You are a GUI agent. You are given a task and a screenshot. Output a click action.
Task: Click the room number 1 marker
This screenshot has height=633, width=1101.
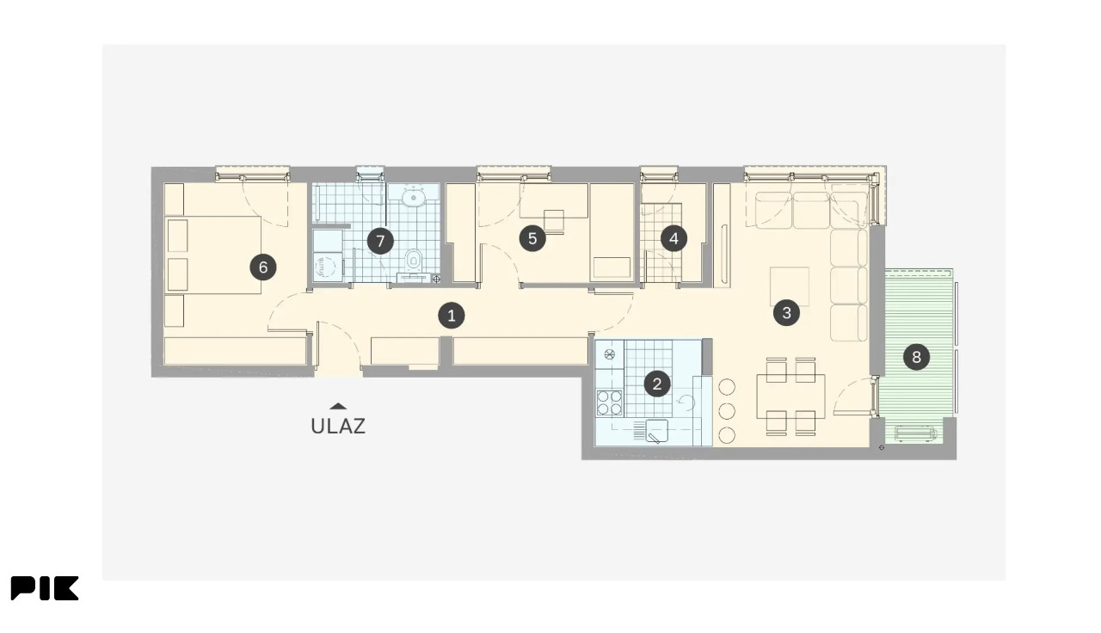click(x=452, y=316)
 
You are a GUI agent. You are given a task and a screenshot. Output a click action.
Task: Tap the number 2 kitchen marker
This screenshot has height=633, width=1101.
click(x=656, y=384)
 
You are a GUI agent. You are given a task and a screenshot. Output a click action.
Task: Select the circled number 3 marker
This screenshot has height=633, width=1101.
click(x=786, y=312)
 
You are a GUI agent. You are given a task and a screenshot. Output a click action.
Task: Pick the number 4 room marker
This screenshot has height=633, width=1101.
click(x=674, y=239)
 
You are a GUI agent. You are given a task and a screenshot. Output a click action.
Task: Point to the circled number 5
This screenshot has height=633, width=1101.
click(x=532, y=239)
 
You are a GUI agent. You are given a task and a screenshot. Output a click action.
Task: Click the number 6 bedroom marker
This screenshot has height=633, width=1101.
click(x=263, y=267)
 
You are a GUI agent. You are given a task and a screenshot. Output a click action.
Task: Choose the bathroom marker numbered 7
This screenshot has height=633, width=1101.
click(x=380, y=241)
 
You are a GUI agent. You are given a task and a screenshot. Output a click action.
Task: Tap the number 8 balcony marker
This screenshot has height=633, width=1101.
click(x=916, y=357)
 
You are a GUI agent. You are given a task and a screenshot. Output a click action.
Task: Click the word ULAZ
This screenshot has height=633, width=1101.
click(x=338, y=426)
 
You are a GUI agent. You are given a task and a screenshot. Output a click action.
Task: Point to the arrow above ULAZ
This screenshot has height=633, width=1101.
click(x=338, y=406)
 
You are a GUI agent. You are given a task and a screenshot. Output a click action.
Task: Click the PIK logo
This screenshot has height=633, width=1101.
click(x=45, y=588)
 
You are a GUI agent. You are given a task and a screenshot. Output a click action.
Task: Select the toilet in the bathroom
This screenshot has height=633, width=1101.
click(x=414, y=260)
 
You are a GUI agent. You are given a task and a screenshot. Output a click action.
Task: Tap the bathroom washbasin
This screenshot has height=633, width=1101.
click(x=414, y=199)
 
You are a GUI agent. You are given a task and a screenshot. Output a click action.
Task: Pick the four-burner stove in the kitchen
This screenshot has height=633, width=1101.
click(x=610, y=403)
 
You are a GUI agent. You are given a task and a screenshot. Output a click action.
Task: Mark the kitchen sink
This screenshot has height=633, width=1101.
click(x=656, y=431)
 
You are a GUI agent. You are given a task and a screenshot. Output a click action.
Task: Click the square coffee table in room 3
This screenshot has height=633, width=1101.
click(x=790, y=286)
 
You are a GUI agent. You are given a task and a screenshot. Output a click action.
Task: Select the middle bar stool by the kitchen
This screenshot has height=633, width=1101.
click(x=727, y=411)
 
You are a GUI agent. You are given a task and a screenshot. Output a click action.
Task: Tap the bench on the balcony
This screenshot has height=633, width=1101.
click(x=915, y=433)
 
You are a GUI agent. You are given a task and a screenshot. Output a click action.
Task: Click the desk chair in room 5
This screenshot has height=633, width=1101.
click(x=554, y=221)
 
